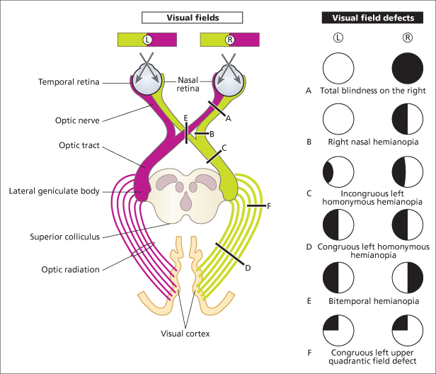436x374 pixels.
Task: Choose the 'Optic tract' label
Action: tap(79, 145)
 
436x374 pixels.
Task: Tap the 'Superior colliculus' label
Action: tap(66, 236)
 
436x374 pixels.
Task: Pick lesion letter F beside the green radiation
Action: tap(268, 205)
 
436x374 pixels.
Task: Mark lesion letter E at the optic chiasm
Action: tap(185, 118)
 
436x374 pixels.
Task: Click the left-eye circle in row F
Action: tap(338, 331)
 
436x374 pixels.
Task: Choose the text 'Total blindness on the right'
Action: tap(372, 91)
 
